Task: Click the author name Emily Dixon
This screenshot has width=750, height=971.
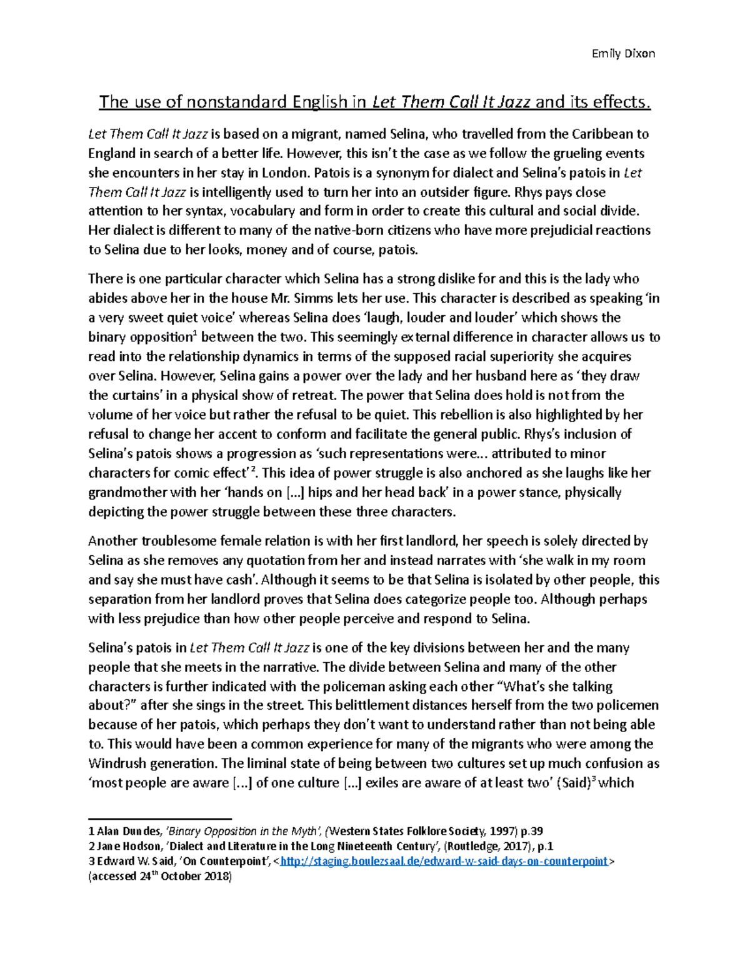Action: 623,53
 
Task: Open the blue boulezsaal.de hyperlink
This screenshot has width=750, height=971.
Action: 444,862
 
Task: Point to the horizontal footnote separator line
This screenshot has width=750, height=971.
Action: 160,818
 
